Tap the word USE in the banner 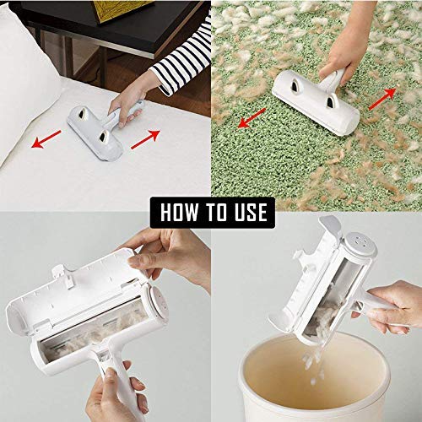tap(246, 212)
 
